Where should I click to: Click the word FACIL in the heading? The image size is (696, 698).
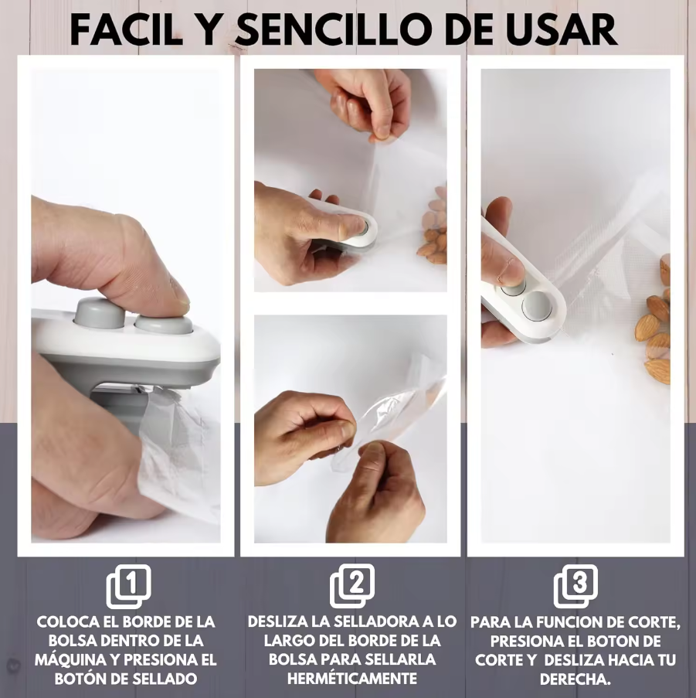pyautogui.click(x=127, y=30)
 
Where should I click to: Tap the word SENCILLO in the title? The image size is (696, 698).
pyautogui.click(x=334, y=30)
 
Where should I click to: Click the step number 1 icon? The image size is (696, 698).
pyautogui.click(x=129, y=586)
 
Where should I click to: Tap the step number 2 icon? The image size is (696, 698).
pyautogui.click(x=352, y=586)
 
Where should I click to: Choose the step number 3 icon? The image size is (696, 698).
pyautogui.click(x=576, y=586)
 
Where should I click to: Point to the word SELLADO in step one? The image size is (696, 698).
pyautogui.click(x=165, y=679)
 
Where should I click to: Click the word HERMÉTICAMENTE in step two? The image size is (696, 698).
pyautogui.click(x=352, y=679)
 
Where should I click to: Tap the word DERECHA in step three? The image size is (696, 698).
pyautogui.click(x=575, y=679)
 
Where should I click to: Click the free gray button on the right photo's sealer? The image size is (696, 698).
pyautogui.click(x=537, y=306)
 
